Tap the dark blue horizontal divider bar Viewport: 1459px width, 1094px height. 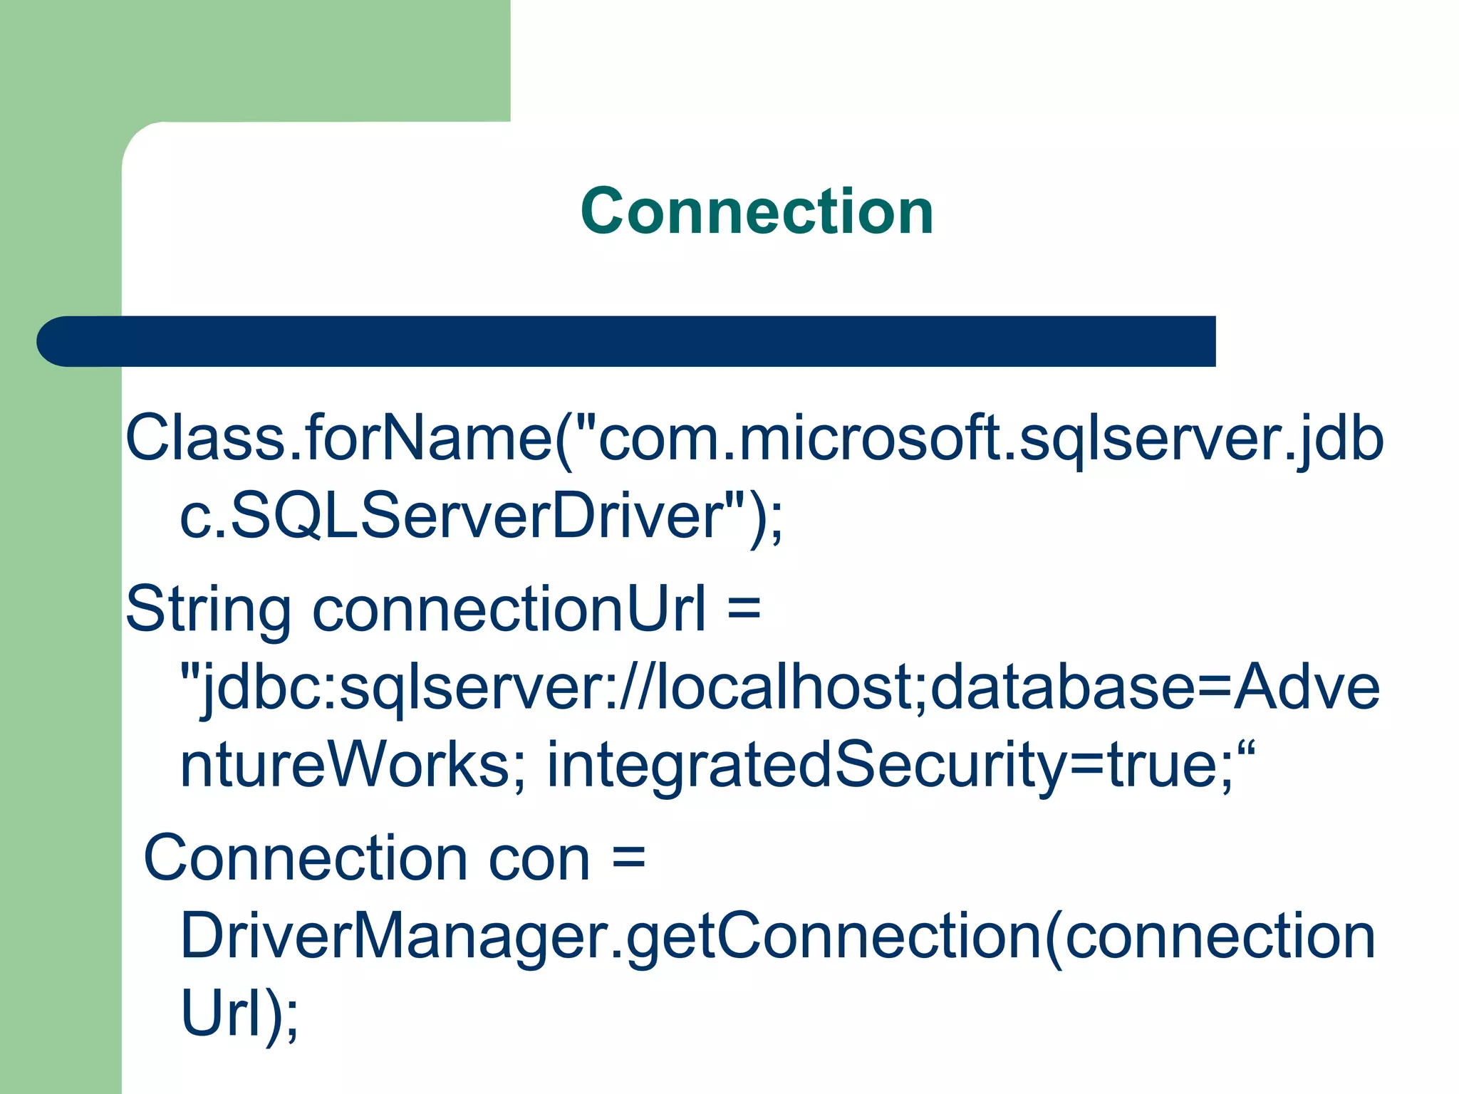(627, 341)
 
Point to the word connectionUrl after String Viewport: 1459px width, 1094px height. (509, 610)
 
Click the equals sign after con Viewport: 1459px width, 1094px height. (628, 858)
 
